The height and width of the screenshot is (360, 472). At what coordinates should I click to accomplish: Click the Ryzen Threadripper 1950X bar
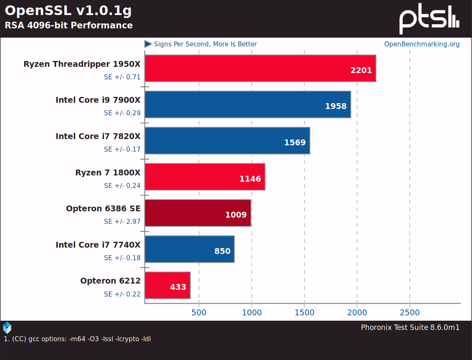260,68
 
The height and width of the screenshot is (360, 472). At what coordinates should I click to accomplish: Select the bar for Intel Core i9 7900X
247,104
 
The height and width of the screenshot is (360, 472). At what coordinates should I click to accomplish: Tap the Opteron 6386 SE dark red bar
198,213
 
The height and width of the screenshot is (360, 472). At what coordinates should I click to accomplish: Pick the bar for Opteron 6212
167,285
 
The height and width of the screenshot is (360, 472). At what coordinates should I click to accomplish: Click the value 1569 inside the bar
295,142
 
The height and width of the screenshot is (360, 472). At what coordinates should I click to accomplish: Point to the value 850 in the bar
222,251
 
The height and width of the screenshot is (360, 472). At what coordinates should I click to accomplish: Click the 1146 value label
250,179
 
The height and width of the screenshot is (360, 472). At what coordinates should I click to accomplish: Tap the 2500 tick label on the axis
409,313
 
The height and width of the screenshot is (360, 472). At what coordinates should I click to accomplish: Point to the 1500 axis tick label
304,313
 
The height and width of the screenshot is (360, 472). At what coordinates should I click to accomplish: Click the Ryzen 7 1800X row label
108,172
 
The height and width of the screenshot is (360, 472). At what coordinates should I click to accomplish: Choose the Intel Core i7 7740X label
98,245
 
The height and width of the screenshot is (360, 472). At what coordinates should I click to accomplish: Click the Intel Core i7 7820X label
98,136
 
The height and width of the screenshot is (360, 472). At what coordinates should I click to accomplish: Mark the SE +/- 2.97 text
122,222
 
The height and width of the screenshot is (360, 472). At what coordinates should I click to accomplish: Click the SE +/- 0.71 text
122,77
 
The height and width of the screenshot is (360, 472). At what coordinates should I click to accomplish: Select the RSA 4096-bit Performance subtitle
69,25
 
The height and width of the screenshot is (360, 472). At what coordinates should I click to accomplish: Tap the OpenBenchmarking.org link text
421,44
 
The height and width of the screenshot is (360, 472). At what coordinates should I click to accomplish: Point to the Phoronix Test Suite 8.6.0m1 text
410,327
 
